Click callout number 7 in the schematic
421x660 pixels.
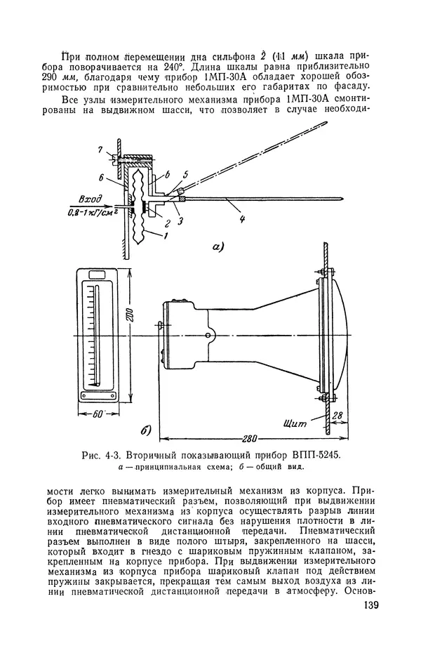[100, 150]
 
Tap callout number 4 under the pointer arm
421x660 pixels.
[242, 219]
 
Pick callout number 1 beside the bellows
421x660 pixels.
[166, 236]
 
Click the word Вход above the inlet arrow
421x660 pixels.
[91, 198]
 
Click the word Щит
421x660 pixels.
[295, 423]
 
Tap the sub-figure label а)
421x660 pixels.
[218, 247]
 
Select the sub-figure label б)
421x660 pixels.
[145, 430]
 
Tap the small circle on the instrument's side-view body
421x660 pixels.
[208, 335]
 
